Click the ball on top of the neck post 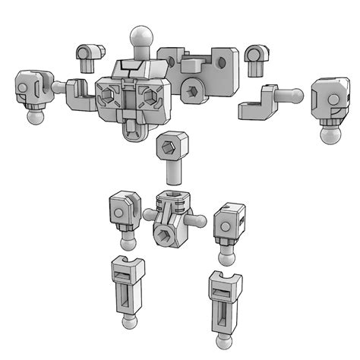[x=141, y=36]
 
